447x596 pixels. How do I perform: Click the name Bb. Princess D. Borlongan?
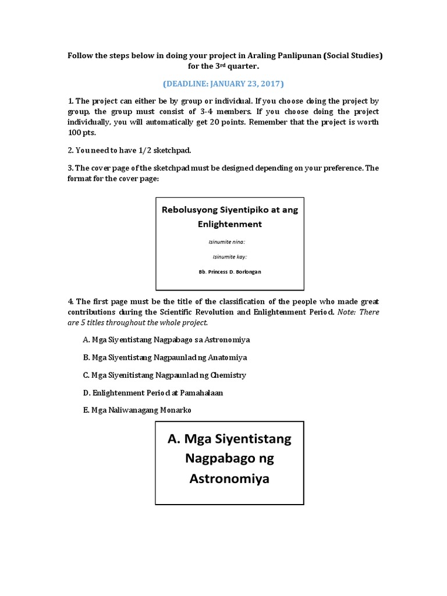pyautogui.click(x=229, y=271)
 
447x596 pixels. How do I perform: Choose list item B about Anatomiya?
pyautogui.click(x=161, y=357)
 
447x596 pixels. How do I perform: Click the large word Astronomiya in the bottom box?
pyautogui.click(x=229, y=479)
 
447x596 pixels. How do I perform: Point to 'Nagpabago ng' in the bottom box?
pyautogui.click(x=229, y=459)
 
